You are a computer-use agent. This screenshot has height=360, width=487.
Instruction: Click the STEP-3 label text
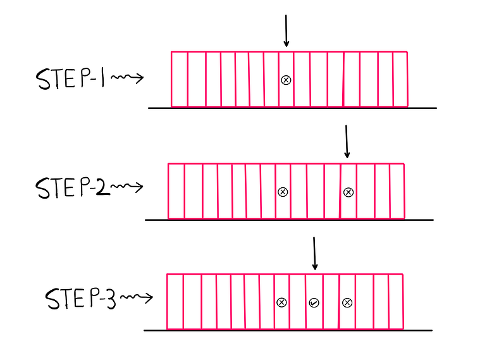[x=80, y=298]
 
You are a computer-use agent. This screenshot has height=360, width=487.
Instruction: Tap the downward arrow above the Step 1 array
[x=286, y=31]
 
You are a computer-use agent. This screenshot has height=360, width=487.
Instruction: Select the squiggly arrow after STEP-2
[x=128, y=187]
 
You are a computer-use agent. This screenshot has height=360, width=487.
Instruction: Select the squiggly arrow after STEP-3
[x=137, y=297]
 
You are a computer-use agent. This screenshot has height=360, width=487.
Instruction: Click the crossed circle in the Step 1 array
[x=286, y=80]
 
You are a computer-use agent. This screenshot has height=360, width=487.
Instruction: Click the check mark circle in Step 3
[x=314, y=303]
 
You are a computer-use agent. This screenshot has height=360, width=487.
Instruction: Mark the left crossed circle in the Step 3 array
[x=282, y=303]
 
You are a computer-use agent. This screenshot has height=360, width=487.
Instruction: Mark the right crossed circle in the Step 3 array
[x=347, y=303]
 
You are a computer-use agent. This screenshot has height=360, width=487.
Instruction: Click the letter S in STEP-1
[x=43, y=80]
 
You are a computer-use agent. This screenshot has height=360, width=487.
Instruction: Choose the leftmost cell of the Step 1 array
[x=180, y=79]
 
